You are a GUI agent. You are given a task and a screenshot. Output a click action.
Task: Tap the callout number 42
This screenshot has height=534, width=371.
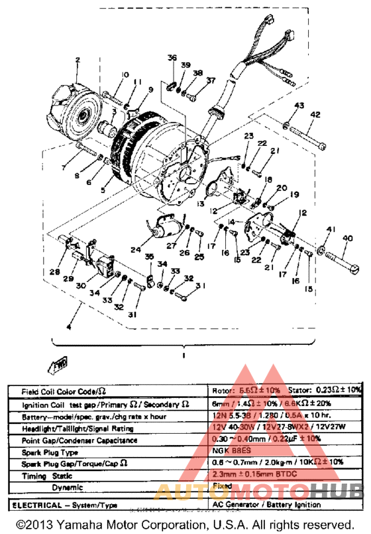(315, 115)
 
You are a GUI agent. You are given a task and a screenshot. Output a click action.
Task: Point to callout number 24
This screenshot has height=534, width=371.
(136, 250)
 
